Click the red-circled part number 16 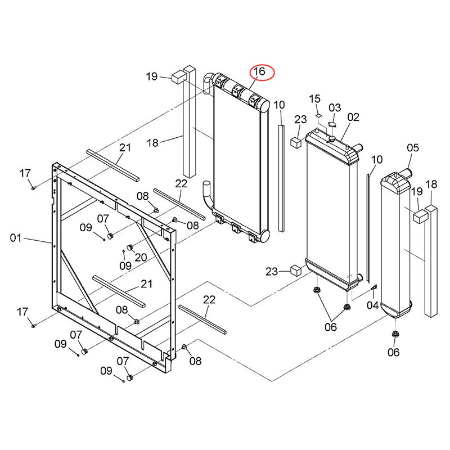[x=259, y=71]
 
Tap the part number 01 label [x=16, y=237]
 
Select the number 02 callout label [x=353, y=117]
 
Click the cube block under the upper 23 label [x=296, y=142]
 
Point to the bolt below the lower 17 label [x=33, y=326]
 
